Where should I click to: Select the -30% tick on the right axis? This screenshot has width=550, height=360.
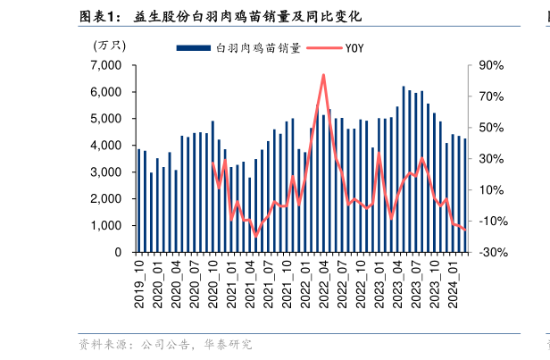(491, 252)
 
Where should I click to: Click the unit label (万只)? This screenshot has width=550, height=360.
(111, 45)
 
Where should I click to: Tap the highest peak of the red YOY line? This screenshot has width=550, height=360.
(323, 75)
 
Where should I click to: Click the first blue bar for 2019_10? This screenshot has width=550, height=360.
(138, 201)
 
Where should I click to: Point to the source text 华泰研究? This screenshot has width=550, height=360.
(228, 344)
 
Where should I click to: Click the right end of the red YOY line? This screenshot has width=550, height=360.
(465, 230)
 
